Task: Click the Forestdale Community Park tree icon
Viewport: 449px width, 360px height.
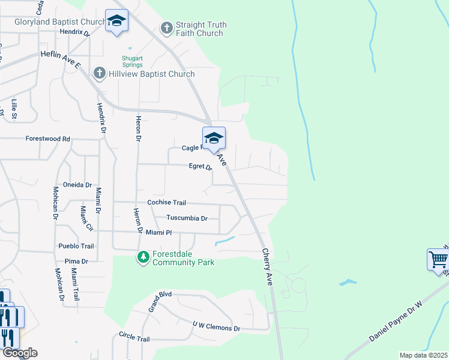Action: coord(143,257)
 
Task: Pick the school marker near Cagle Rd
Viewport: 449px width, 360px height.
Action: coord(214,139)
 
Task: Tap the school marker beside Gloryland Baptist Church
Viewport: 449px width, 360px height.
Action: coord(116,20)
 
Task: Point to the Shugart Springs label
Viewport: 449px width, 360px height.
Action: coord(131,62)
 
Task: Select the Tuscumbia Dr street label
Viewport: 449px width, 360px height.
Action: coord(187,218)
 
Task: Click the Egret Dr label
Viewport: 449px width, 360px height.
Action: coord(200,167)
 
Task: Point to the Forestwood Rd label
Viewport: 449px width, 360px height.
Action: coord(48,139)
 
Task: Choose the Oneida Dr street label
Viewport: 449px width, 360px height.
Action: coord(77,185)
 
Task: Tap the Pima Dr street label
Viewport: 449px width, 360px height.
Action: coord(77,262)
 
